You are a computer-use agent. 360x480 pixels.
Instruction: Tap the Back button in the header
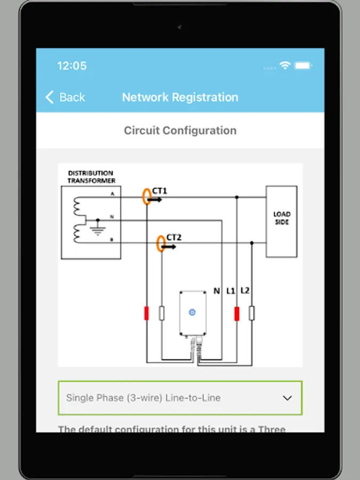(x=65, y=97)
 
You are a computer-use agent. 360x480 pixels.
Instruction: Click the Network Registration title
(x=180, y=97)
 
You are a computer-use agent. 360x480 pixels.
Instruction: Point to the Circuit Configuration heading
(x=180, y=131)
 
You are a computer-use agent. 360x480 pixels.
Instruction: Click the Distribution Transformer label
(x=91, y=177)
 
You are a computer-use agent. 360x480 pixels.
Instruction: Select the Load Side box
(x=282, y=221)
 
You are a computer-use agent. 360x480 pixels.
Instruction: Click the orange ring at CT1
(x=146, y=196)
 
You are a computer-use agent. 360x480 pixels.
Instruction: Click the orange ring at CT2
(x=159, y=244)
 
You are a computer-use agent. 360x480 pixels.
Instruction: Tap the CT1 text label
(x=159, y=191)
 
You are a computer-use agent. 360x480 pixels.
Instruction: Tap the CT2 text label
(x=174, y=237)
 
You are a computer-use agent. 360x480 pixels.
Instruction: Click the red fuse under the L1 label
(x=237, y=314)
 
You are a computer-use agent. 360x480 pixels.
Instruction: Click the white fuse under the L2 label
(x=252, y=314)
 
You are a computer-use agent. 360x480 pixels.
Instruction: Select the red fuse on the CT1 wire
(x=146, y=314)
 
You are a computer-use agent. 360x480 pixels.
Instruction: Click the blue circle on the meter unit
(x=193, y=312)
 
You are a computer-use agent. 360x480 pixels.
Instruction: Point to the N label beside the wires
(x=217, y=291)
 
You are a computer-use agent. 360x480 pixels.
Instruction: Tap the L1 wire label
(x=231, y=291)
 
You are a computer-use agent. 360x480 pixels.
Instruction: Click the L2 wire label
(x=245, y=291)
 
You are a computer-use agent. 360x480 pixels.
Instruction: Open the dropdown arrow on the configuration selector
(x=287, y=398)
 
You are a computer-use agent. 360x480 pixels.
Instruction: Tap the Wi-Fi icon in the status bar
(x=285, y=66)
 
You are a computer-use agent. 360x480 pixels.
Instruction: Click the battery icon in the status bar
(x=302, y=66)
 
